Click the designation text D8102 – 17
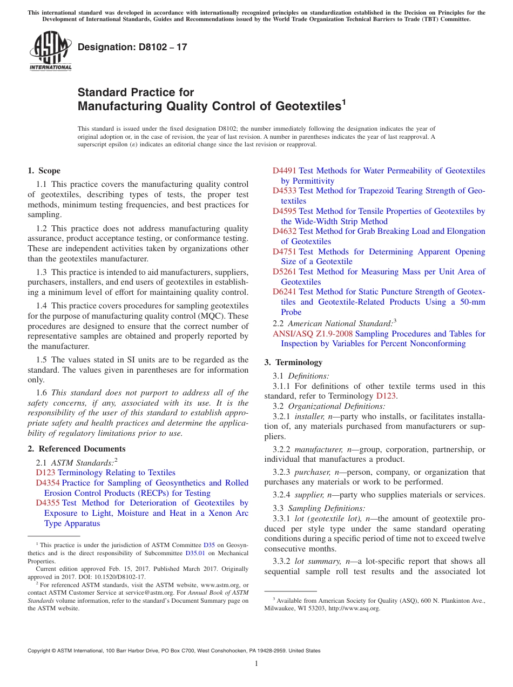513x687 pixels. pos(132,47)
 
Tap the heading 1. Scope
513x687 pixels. pos(44,171)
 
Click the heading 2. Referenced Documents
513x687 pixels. pos(76,449)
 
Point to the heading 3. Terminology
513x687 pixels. pos(293,362)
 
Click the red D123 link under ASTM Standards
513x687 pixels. pos(45,473)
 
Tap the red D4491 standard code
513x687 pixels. pos(285,171)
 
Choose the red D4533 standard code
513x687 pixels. pos(285,191)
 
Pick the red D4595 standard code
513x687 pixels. pos(285,211)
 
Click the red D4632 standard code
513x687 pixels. pos(285,231)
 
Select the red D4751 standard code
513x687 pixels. pos(285,252)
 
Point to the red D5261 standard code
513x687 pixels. pos(285,272)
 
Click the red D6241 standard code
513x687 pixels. pos(285,292)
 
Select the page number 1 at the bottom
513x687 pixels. pos(256,663)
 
